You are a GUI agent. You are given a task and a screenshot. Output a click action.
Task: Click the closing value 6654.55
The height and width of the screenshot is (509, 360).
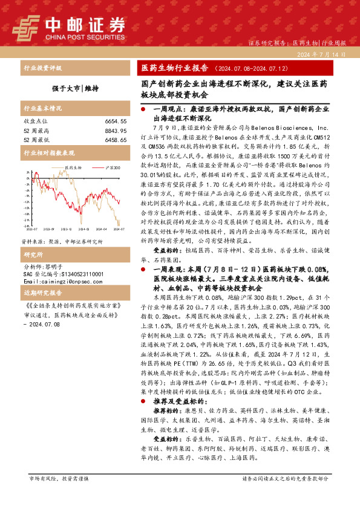[115, 121]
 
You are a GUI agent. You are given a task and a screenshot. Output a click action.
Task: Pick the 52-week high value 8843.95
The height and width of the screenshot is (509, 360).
[115, 130]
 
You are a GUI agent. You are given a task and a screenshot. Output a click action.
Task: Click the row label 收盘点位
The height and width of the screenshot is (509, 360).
[34, 121]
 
